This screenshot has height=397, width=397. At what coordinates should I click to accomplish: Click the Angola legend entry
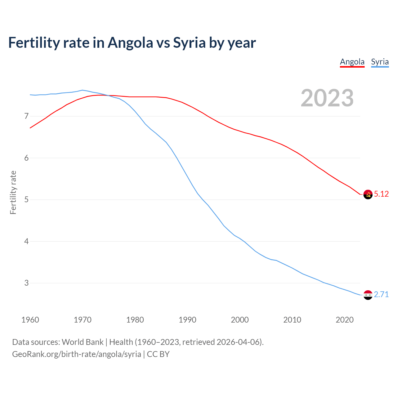352,62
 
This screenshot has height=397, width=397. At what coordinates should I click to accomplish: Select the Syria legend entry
380,62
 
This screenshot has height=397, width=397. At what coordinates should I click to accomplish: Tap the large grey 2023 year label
327,98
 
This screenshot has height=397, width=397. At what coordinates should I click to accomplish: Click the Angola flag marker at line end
368,194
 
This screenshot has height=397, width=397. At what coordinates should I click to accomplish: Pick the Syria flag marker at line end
368,295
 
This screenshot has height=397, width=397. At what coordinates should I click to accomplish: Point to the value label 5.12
381,194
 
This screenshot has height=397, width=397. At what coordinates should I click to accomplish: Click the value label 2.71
381,294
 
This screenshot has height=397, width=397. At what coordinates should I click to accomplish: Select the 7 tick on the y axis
26,116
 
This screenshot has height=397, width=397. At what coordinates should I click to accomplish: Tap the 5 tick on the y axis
26,200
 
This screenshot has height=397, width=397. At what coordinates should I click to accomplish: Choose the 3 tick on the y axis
26,283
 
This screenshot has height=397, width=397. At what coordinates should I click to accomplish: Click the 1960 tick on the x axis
30,320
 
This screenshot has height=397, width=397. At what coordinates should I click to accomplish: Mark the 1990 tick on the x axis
187,320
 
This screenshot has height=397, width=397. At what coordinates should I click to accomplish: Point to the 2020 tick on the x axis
345,320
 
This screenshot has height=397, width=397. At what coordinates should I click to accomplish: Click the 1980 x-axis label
135,320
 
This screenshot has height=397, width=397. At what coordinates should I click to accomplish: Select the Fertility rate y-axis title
13,192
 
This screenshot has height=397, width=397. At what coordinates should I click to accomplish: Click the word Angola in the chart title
130,42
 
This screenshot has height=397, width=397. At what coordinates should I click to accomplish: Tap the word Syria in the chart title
189,42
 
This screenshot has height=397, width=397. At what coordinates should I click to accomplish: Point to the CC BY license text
158,354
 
